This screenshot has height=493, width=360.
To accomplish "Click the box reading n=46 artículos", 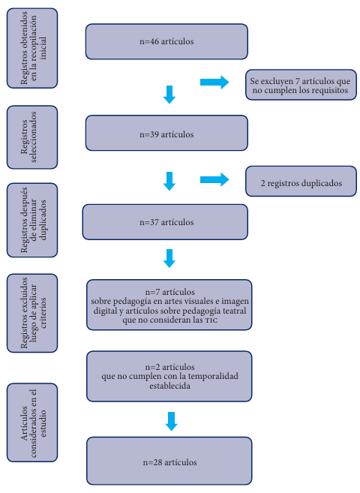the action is click(166, 41).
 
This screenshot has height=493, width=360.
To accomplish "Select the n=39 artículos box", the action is click(166, 133).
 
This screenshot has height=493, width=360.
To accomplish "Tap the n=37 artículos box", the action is click(165, 222).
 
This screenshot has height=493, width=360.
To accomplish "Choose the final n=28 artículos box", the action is click(169, 461).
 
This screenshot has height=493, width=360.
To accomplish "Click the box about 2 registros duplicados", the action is click(301, 182).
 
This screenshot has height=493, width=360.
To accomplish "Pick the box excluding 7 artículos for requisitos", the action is click(301, 85).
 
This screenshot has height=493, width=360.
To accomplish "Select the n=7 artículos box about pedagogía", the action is click(169, 305).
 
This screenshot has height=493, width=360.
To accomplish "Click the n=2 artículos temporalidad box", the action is click(169, 377).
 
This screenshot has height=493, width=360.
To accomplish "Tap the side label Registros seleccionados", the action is click(32, 137).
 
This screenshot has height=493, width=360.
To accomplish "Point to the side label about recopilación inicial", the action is click(32, 48).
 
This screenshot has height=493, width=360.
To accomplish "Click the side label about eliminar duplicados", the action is click(32, 220).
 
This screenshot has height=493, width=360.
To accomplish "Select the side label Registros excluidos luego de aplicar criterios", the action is click(32, 313).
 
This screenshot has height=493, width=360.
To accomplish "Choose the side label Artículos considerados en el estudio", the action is click(32, 422).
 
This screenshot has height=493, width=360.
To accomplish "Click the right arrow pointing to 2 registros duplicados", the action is click(214, 179).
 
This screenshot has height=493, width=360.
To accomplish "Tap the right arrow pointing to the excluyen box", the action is click(214, 83).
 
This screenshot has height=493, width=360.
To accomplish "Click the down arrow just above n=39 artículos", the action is click(169, 95).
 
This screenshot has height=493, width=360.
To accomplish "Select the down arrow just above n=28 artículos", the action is click(172, 421).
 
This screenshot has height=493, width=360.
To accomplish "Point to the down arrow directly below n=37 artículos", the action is click(169, 258).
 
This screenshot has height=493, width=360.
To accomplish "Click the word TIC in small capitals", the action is click(210, 320).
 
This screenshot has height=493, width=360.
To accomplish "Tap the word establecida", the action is click(169, 386).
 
